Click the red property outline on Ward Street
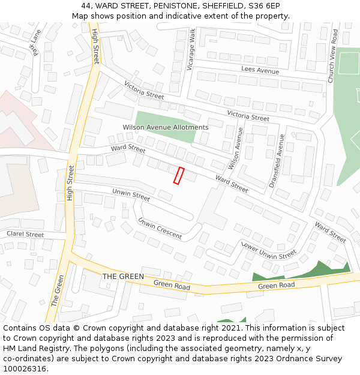(178, 175)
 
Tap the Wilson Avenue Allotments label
(166, 127)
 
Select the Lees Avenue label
(260, 71)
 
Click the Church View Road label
(332, 56)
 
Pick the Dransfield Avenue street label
(277, 161)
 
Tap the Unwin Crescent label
(160, 229)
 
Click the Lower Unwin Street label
(268, 250)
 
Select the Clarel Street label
(25, 234)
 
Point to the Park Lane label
(32, 43)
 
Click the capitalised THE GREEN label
(123, 277)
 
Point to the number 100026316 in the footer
(25, 369)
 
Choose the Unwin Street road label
(131, 195)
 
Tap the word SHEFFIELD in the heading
(221, 6)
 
